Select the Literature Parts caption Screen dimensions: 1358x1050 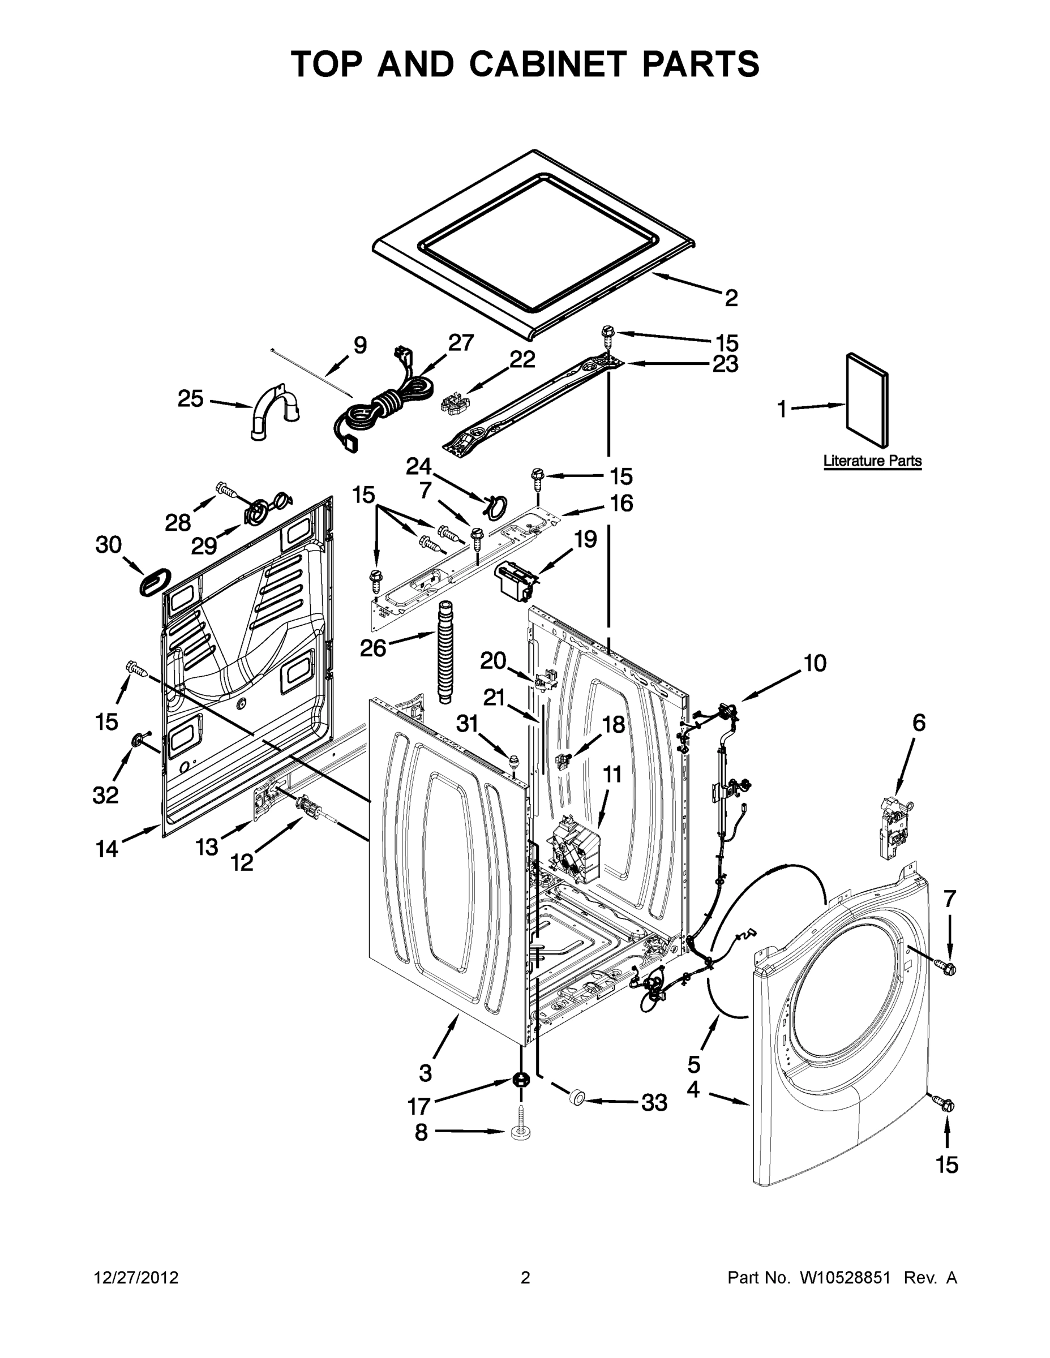pyautogui.click(x=872, y=461)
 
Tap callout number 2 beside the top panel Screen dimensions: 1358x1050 pyautogui.click(x=731, y=298)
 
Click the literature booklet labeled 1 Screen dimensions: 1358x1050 pyautogui.click(x=867, y=400)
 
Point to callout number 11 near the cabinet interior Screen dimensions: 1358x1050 pyautogui.click(x=612, y=775)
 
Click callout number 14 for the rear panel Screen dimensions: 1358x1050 pyautogui.click(x=106, y=849)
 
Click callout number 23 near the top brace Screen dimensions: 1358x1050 pyautogui.click(x=725, y=364)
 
